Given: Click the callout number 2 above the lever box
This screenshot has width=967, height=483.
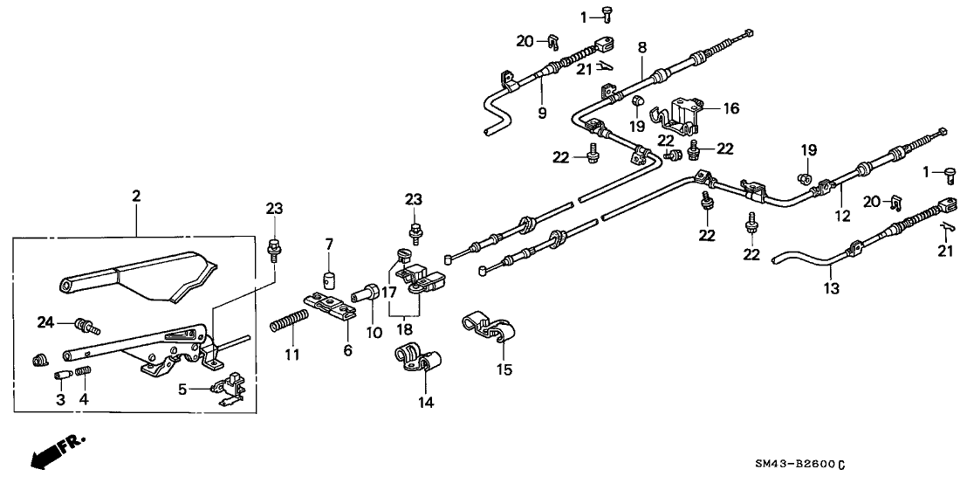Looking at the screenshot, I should (x=135, y=197).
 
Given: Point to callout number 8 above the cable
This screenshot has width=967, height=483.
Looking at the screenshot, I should (x=641, y=47).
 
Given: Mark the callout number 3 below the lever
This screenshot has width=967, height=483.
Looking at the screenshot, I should (x=60, y=400).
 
